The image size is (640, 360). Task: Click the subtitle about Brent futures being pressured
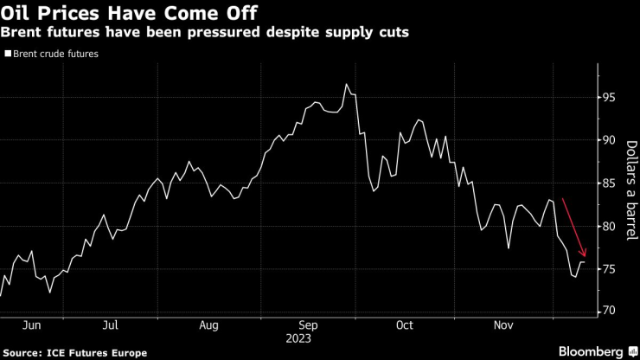(206, 32)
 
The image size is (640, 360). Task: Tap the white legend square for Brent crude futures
(8, 54)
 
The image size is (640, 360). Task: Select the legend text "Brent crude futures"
(56, 54)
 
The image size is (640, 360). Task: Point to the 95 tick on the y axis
(609, 98)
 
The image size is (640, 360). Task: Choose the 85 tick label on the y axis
(609, 183)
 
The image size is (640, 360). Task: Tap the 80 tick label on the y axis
(609, 227)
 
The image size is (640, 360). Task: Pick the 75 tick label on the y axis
(609, 269)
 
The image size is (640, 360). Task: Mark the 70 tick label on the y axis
(609, 311)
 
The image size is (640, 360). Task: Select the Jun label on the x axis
(31, 326)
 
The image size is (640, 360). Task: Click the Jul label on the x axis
(111, 326)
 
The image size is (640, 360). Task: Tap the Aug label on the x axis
(209, 326)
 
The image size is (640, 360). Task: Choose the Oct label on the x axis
(404, 326)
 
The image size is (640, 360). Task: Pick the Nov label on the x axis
(503, 326)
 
